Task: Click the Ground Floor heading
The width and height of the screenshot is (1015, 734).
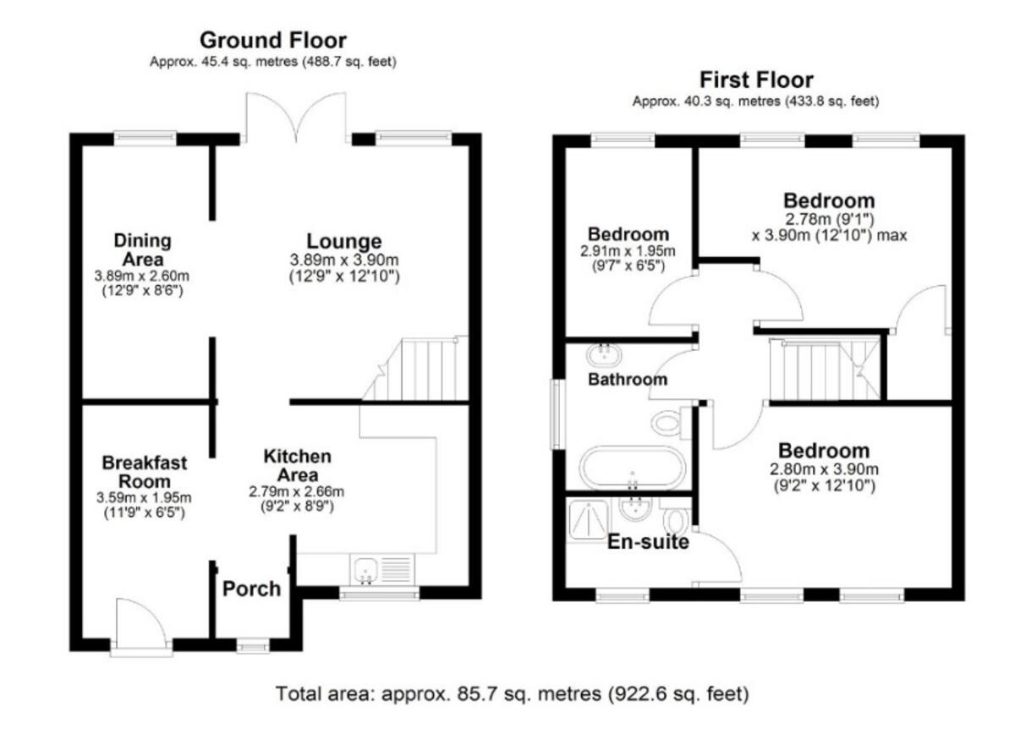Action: click(272, 40)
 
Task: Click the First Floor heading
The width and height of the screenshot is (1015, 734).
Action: click(755, 80)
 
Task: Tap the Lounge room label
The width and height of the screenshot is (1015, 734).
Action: click(343, 241)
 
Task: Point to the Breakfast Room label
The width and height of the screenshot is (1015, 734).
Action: click(145, 472)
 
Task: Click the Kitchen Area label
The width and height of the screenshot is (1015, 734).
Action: click(297, 465)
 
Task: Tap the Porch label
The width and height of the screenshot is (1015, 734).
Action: click(251, 589)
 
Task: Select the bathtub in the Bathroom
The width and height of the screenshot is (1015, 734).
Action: click(633, 468)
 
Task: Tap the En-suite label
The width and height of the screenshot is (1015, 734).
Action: click(649, 542)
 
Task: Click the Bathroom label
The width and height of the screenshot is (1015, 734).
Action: click(628, 380)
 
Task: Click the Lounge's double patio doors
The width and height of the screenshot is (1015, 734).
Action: click(296, 118)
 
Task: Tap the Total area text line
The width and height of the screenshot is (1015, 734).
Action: click(513, 695)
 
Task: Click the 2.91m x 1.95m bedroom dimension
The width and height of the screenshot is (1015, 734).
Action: click(628, 251)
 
